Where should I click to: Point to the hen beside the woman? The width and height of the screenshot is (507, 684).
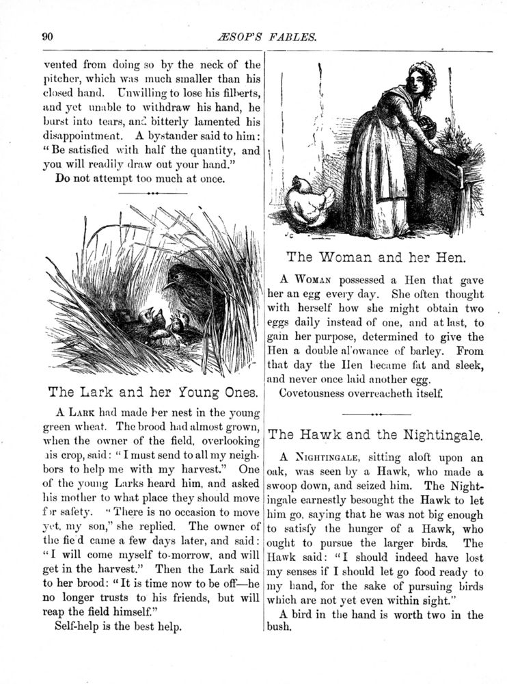point(309,200)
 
